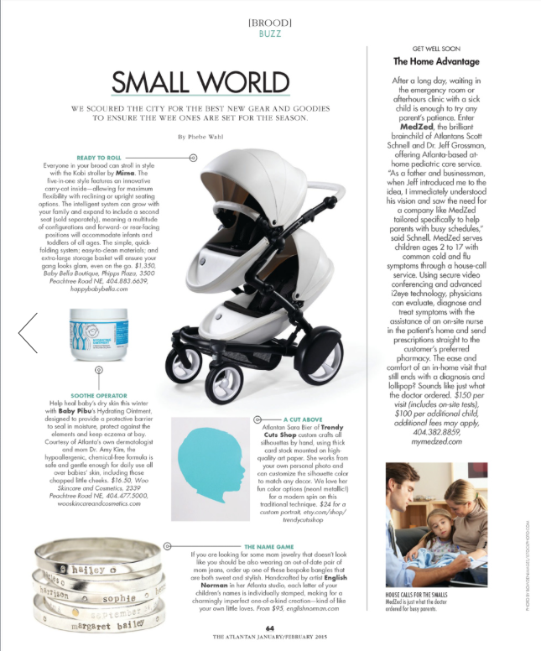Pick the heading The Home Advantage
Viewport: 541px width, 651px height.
437,60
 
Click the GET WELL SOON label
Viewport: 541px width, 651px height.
437,47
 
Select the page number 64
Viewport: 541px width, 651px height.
270,628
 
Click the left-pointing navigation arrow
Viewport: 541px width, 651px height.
28,332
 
